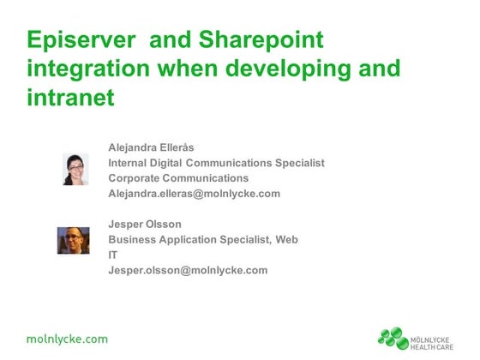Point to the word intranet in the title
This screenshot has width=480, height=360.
pos(70,99)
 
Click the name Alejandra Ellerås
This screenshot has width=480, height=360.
pos(152,147)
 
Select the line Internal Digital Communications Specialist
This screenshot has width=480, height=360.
pos(216,162)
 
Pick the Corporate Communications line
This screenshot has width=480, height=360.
pos(178,177)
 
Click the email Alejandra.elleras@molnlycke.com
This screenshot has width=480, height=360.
pos(194,193)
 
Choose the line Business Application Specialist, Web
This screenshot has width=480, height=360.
pos(203,239)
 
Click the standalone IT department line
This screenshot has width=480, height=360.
pos(113,255)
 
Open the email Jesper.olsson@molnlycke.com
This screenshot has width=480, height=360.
pos(188,270)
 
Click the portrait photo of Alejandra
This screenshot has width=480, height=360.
pos(75,169)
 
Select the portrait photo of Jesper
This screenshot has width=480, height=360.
pos(74,240)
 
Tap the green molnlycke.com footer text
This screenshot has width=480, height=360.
pos(67,339)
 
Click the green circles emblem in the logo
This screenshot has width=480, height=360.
pos(393,338)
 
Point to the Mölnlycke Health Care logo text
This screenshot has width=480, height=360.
pos(435,338)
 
